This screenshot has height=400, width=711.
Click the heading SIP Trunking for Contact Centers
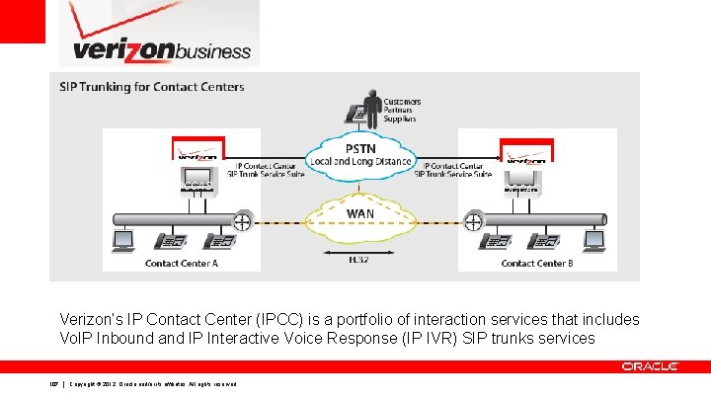[x=151, y=87]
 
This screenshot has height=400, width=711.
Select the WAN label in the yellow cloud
[x=358, y=211]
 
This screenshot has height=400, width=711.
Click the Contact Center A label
[x=182, y=264]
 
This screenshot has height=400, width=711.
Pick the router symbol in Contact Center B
[x=475, y=220]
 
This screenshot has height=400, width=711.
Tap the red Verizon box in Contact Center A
[x=198, y=149]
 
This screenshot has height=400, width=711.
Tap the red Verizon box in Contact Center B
[x=527, y=149]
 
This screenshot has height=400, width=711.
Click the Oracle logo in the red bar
[x=650, y=366]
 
